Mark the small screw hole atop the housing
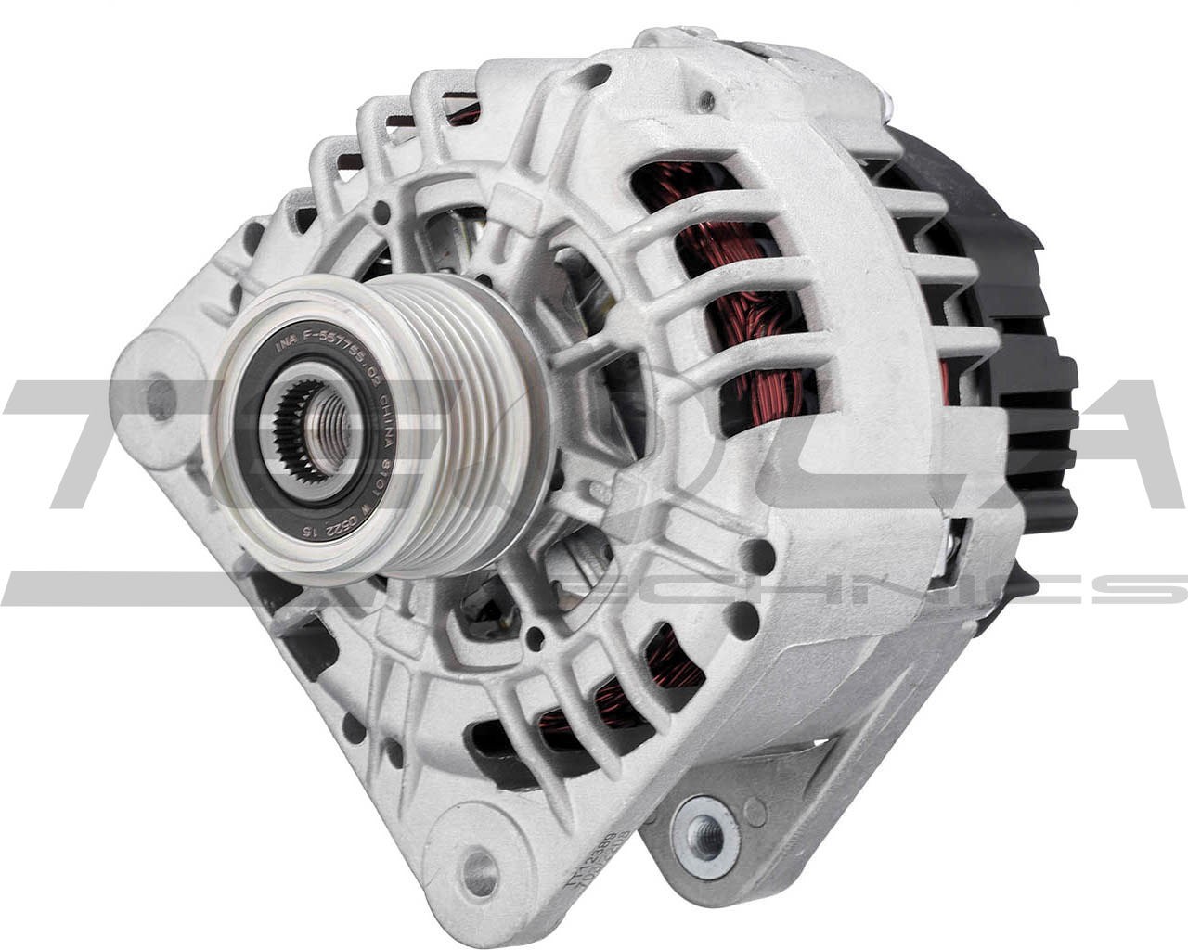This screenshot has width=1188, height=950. (708, 98)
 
